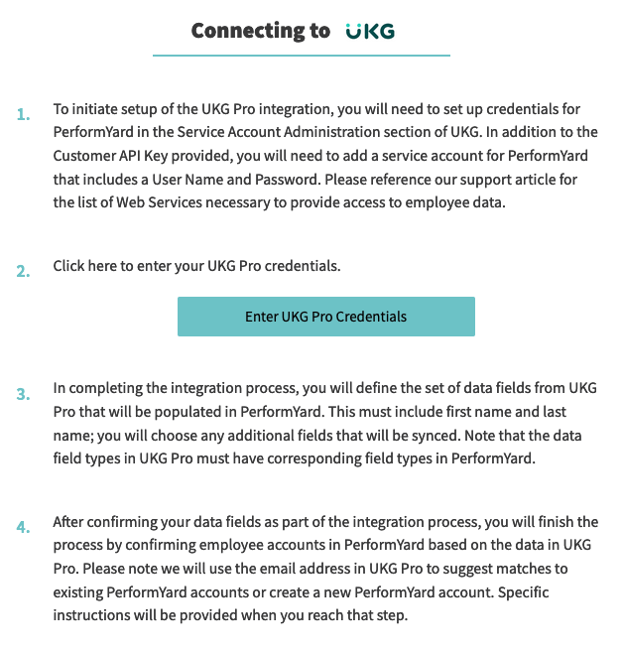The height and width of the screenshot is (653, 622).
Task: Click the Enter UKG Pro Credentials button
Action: click(325, 317)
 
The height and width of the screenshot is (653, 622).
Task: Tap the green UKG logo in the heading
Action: click(370, 32)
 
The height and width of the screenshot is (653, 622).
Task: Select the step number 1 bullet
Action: click(24, 115)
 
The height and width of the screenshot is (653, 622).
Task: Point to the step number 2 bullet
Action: click(24, 271)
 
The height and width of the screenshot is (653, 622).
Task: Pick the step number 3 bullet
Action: click(24, 393)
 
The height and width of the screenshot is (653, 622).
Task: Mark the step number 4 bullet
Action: click(24, 527)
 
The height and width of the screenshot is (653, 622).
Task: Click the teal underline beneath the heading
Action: click(302, 56)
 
